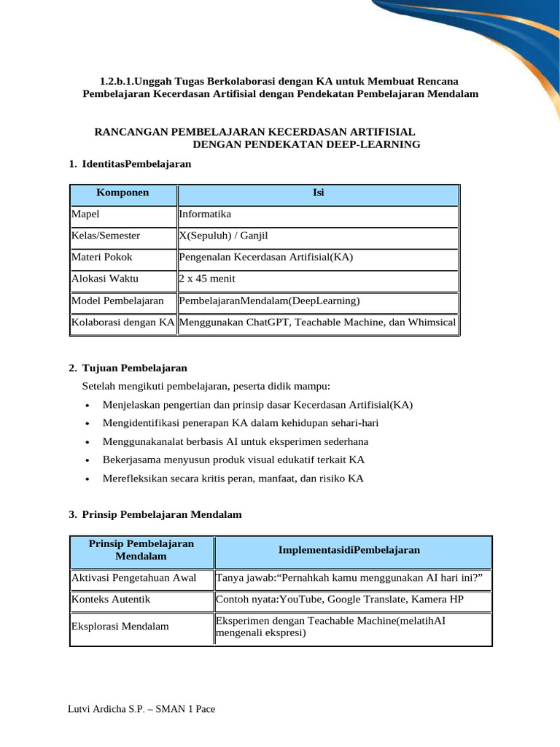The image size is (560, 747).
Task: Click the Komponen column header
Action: point(122,193)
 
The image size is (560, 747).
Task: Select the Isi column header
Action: point(319,193)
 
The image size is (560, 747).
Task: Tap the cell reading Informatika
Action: point(205,214)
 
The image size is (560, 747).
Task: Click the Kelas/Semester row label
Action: point(106,236)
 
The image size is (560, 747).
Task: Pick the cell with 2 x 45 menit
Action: point(207,278)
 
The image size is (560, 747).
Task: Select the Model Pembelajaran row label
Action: point(117,300)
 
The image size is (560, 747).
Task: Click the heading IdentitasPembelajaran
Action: point(136,164)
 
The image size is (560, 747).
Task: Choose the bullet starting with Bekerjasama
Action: point(233,460)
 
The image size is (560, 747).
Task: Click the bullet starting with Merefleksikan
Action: point(233,479)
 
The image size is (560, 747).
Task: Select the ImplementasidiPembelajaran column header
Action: point(349,549)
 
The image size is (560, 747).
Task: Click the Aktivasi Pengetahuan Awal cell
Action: point(133,578)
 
